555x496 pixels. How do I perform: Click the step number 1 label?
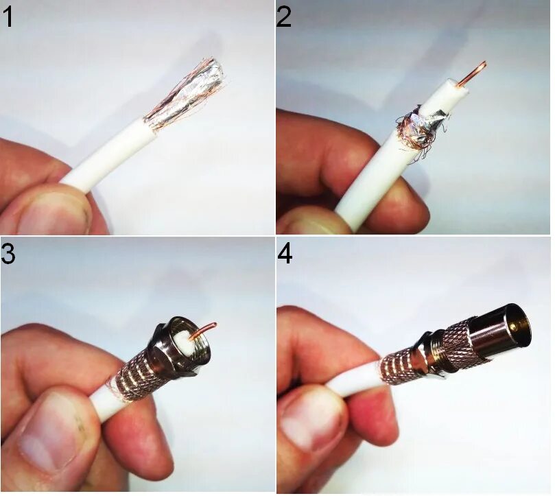tap(8, 17)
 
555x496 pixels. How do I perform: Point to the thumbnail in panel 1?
tap(53, 214)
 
